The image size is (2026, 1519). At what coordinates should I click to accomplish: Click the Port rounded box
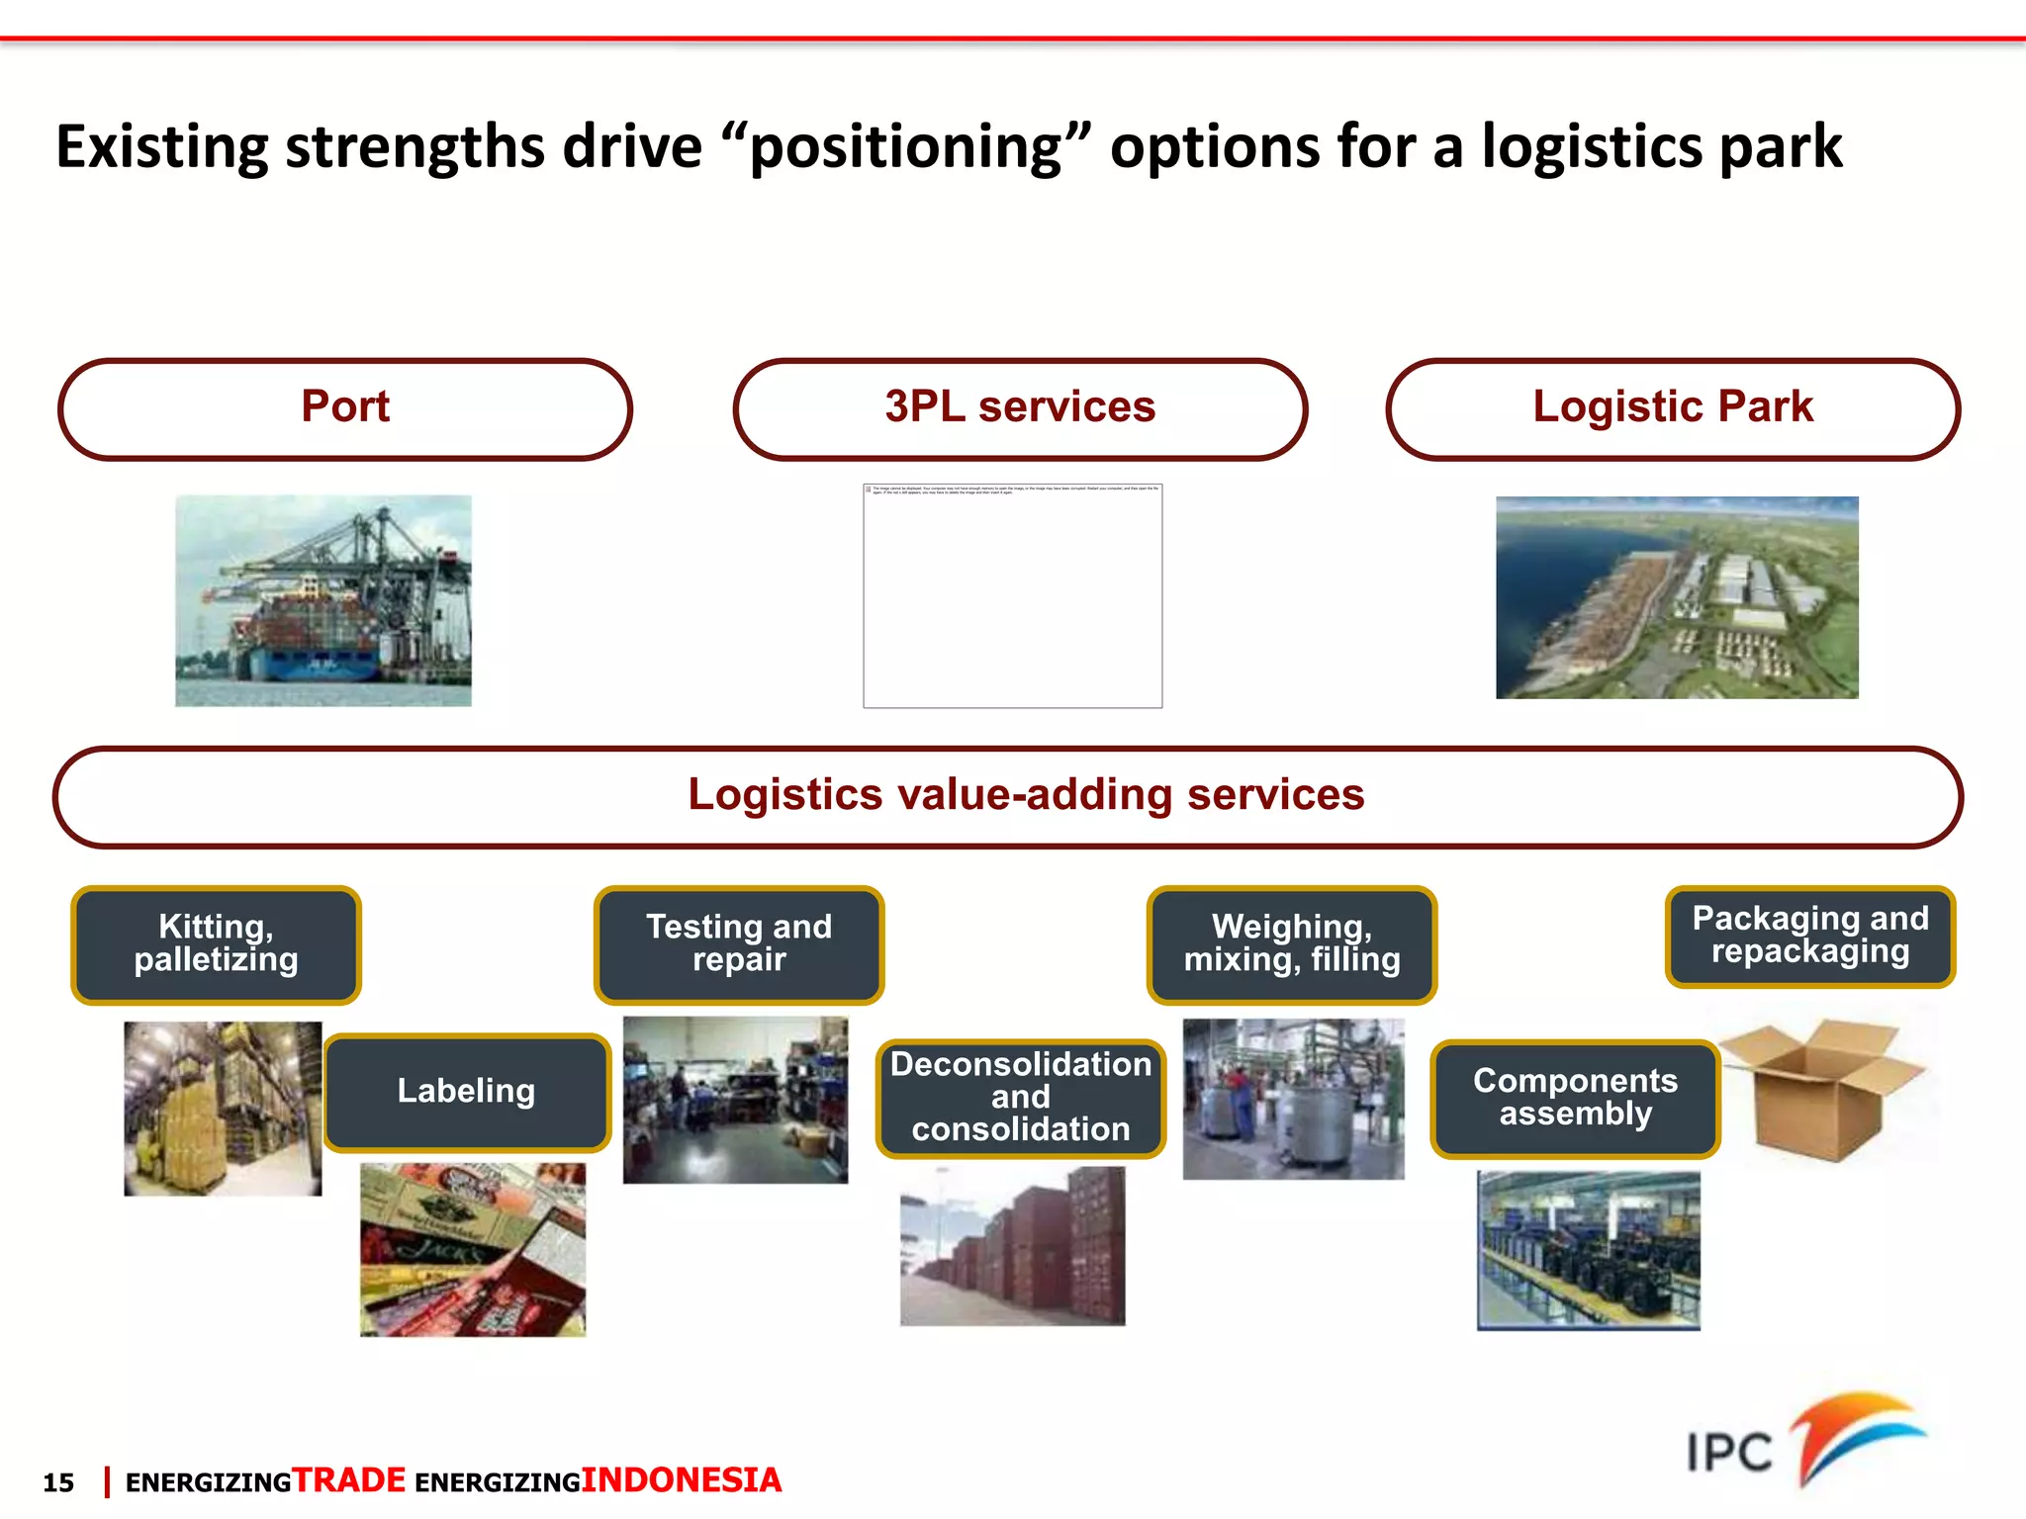345,408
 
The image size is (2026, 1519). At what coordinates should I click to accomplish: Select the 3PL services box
1020,408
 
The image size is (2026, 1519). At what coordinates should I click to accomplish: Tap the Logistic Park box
1673,408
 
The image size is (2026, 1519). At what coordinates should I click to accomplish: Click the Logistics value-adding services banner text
1026,795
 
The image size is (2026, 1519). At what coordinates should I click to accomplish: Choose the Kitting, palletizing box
216,944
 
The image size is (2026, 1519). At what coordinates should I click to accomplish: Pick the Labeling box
467,1092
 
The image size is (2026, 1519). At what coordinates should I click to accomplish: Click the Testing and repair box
739,944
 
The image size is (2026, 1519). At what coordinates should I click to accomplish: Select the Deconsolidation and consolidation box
1020,1097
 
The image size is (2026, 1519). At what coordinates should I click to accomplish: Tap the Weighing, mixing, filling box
1291,944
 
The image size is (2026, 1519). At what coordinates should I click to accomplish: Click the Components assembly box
1575,1098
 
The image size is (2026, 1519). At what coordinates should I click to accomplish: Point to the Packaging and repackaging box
1810,936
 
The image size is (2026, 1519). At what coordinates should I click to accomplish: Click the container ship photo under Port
323,600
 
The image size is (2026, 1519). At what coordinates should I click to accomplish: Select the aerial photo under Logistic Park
1677,597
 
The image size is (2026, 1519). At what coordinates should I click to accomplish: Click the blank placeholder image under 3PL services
1012,596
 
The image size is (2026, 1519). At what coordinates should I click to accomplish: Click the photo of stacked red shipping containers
1012,1246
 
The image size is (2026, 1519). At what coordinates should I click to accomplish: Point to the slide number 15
58,1482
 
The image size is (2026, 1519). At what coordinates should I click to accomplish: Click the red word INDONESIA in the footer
682,1480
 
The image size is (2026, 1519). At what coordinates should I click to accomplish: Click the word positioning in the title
905,148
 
